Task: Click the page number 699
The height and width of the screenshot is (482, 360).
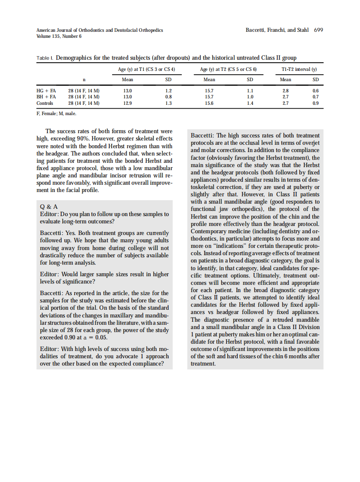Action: coord(318,30)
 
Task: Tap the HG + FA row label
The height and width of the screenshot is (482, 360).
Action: coord(46,91)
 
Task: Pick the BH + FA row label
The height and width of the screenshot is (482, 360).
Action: coord(46,97)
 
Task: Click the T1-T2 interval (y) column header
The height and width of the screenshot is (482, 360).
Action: coord(299,69)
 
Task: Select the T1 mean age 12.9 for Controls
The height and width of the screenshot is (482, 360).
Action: coord(128,103)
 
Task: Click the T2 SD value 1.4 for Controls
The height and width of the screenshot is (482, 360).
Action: coord(250,103)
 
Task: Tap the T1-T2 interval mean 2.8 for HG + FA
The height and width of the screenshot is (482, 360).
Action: coord(286,91)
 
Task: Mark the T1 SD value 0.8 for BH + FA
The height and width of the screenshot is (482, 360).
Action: coord(168,97)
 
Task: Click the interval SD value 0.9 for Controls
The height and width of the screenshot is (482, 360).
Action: coord(316,103)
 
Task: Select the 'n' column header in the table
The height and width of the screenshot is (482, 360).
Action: coord(84,79)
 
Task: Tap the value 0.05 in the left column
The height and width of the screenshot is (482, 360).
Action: coord(101,337)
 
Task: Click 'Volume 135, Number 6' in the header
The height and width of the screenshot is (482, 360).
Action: coord(59,36)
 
